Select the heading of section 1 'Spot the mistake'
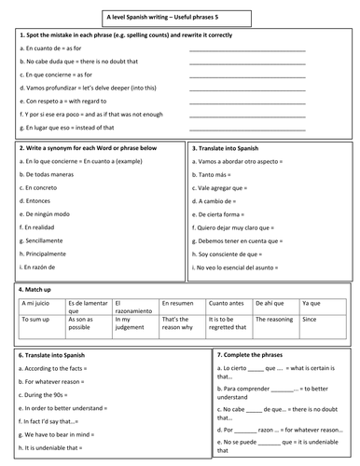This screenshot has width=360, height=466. click(121, 34)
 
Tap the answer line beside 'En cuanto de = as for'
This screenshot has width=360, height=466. click(246, 48)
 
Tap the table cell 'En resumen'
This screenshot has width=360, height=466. click(177, 303)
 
